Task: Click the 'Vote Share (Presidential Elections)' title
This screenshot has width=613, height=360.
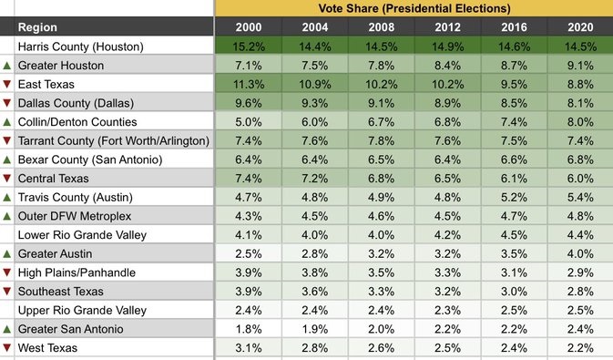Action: point(414,8)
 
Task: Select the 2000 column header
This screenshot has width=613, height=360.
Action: point(248,27)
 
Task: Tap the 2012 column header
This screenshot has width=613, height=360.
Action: point(446,27)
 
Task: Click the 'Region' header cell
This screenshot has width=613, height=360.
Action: point(37,27)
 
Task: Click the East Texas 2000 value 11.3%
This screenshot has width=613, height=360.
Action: point(248,84)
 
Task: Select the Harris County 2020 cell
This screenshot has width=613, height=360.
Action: point(579,46)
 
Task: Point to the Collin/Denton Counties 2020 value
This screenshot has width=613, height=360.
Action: point(579,122)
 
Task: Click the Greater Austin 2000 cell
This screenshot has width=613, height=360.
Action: point(248,253)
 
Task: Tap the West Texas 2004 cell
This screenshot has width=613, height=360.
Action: point(314,348)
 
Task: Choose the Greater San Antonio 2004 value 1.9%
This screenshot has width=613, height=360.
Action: point(314,329)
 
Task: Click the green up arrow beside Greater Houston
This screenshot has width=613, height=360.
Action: point(7,66)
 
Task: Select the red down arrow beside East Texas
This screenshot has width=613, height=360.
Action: point(7,85)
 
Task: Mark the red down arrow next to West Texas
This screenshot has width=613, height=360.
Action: point(7,348)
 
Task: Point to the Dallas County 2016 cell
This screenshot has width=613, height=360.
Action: point(513,103)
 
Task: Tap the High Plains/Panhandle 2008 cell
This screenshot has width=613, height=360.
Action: point(381,273)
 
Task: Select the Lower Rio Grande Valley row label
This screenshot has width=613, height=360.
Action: point(81,235)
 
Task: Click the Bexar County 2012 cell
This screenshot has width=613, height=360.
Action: point(446,159)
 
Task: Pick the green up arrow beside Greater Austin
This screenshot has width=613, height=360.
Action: point(7,253)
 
